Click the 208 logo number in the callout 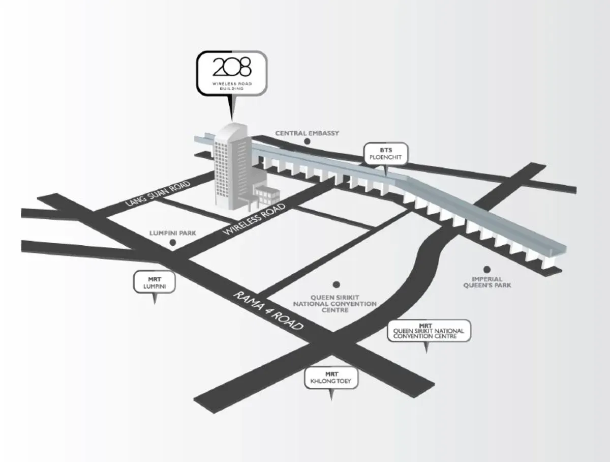(232, 67)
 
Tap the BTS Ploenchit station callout (386, 154)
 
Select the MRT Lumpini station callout (155, 282)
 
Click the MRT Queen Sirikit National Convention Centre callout (429, 331)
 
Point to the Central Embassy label (307, 133)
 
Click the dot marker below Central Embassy (307, 141)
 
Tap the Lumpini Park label (172, 233)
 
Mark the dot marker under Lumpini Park (172, 243)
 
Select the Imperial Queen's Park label (487, 282)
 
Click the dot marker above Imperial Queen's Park (486, 269)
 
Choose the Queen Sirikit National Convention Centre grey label (334, 304)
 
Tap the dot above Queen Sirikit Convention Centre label (337, 284)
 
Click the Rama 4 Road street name (268, 310)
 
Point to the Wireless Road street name (255, 219)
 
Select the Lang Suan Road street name (158, 193)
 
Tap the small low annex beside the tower (267, 195)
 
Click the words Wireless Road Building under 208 (232, 86)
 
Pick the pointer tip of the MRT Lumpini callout (155, 304)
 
